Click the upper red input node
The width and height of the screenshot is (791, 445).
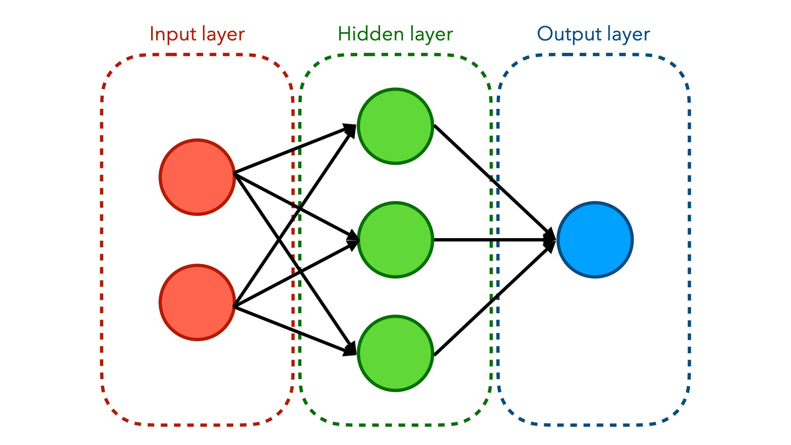[197, 177]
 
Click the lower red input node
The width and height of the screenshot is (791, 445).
[197, 302]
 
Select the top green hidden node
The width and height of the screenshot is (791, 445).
[395, 126]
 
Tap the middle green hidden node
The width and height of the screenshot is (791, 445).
[395, 240]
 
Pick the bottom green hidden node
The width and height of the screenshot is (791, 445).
[395, 353]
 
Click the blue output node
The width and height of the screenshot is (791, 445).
[595, 240]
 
